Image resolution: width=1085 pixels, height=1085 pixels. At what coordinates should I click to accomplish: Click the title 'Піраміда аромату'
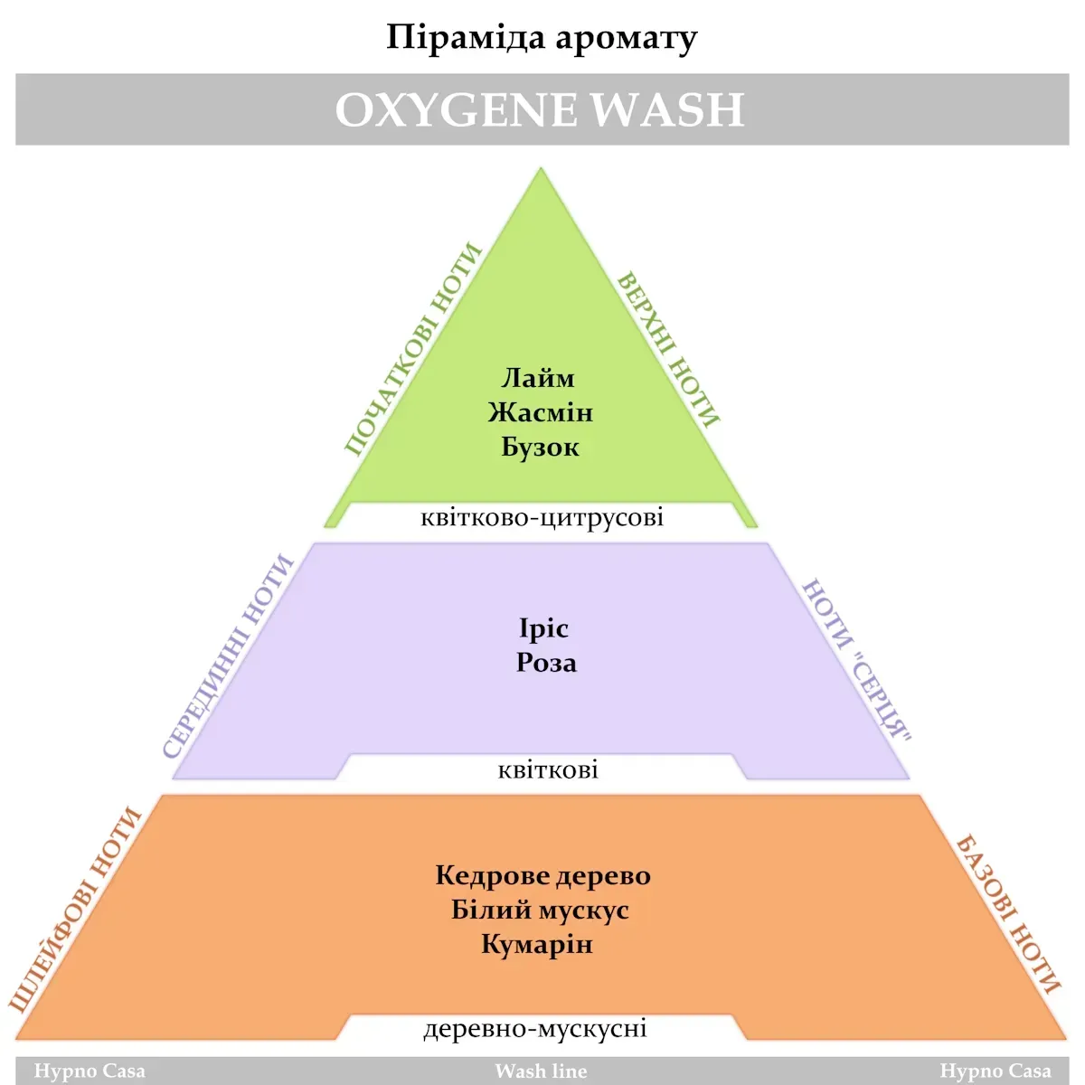point(542,38)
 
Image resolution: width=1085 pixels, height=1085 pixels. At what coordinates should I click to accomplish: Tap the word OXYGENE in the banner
point(456,110)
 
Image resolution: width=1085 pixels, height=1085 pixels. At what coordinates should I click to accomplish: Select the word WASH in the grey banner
point(668,110)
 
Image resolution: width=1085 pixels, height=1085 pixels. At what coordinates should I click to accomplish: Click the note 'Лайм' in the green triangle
point(538,378)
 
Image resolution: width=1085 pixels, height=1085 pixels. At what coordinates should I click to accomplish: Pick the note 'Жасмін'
point(541,412)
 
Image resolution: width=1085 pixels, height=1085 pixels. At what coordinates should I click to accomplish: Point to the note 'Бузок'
point(540,447)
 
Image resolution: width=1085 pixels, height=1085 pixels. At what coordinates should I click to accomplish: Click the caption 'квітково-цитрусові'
point(542,517)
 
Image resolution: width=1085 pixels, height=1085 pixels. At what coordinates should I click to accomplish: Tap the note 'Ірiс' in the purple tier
point(543,628)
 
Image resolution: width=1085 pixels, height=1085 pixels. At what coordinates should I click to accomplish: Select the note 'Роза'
point(546,663)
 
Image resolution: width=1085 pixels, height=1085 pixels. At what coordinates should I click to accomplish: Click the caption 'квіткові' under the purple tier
point(548,769)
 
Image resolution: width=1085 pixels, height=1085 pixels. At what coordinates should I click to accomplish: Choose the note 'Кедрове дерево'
point(542,875)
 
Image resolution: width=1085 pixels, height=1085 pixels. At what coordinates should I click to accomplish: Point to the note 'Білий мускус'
point(540,910)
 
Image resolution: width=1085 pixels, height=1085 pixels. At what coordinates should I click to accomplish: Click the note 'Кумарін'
point(537,944)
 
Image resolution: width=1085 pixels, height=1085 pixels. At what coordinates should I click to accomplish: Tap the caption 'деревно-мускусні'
point(535,1028)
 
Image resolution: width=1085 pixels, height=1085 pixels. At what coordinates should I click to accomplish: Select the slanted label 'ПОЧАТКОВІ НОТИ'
point(412,349)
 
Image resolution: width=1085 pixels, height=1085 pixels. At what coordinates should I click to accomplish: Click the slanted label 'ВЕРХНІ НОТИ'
point(668,349)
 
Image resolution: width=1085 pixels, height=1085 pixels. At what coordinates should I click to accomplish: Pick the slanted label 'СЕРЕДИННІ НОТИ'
point(228,656)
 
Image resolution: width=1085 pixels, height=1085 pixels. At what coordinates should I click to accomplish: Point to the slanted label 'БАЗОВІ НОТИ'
point(1007,914)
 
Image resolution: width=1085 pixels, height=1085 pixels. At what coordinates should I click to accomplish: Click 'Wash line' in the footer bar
point(541,1071)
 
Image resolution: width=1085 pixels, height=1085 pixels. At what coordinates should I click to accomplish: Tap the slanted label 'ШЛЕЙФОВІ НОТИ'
point(76,909)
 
